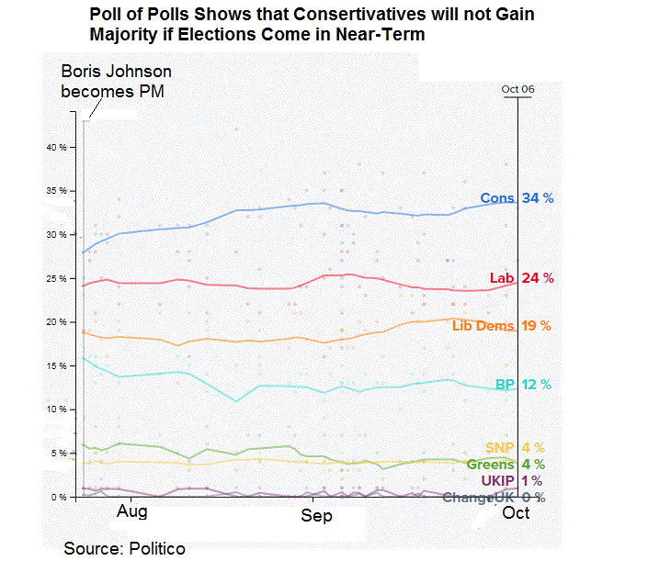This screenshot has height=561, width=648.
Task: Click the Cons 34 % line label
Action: click(x=517, y=198)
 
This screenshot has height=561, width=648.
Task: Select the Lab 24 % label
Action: click(x=520, y=278)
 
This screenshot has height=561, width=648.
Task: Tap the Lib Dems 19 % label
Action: click(x=501, y=326)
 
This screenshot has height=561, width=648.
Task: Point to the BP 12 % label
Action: click(x=525, y=385)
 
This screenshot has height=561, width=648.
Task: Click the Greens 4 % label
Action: click(x=506, y=465)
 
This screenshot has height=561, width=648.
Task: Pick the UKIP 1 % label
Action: click(x=511, y=481)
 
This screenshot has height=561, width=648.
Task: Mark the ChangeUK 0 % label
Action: click(x=494, y=498)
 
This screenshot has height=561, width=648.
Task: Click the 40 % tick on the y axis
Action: click(x=58, y=147)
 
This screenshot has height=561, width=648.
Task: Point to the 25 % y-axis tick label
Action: click(x=58, y=278)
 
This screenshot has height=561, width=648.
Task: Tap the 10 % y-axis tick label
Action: click(x=58, y=410)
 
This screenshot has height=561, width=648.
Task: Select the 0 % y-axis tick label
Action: click(x=60, y=497)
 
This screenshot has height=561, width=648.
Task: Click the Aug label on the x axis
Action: click(x=132, y=512)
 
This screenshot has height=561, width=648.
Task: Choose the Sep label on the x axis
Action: click(x=316, y=516)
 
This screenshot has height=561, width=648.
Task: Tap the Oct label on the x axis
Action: click(x=516, y=512)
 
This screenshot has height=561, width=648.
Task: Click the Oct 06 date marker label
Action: click(x=517, y=89)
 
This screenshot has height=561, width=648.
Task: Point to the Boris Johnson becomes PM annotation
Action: click(x=116, y=81)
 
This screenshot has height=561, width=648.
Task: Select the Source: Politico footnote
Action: click(x=124, y=548)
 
